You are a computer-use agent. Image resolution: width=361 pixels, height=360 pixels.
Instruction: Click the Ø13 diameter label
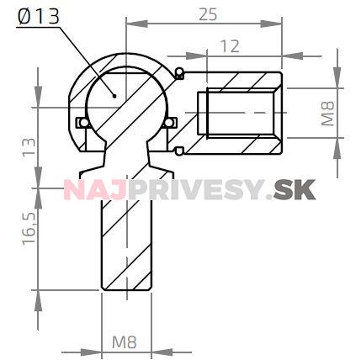pos(39,18)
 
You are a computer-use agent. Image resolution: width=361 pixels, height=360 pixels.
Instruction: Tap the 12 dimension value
pos(230,47)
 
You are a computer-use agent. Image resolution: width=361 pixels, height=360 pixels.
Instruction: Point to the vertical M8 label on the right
pos(329,112)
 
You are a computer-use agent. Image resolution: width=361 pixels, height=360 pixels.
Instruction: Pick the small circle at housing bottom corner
pos(178,151)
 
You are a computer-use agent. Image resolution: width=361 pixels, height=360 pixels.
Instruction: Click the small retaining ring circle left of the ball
pos(80,123)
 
